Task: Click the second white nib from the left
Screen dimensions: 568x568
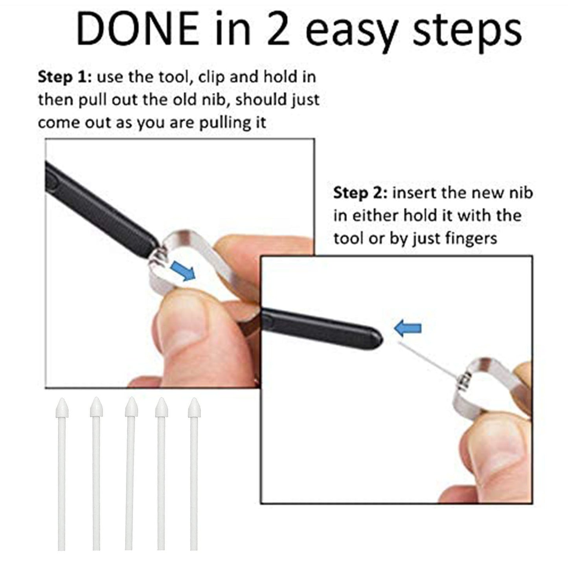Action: (x=96, y=472)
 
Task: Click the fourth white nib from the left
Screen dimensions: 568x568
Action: (x=161, y=472)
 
